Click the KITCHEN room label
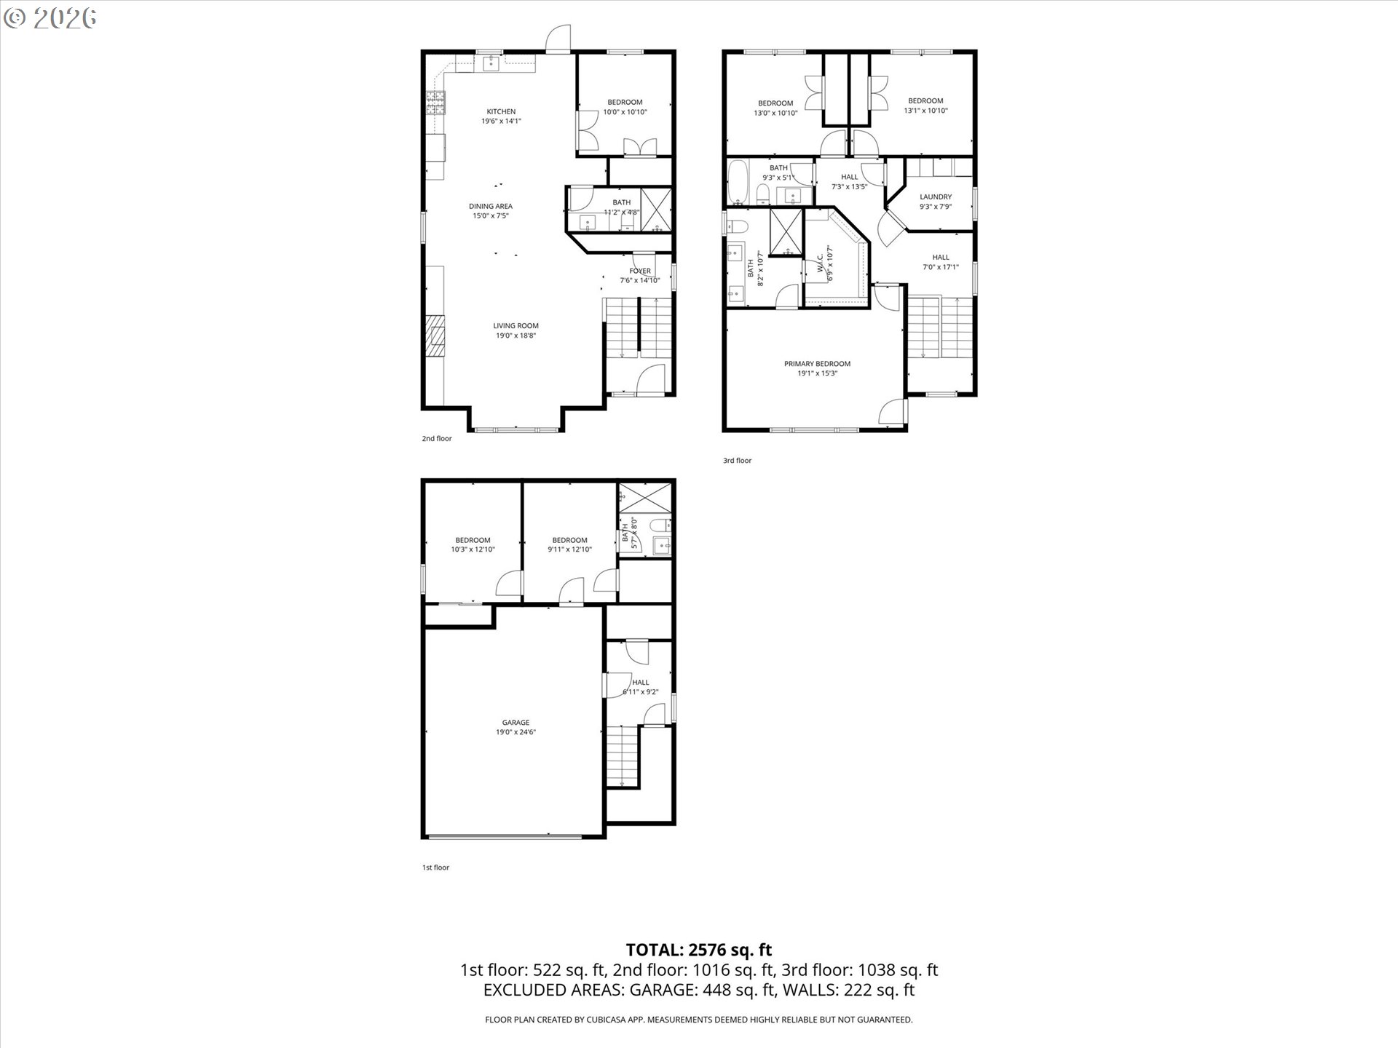pyautogui.click(x=501, y=111)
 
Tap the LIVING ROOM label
pyautogui.click(x=516, y=326)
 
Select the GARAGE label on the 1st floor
pyautogui.click(x=516, y=723)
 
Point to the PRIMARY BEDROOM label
pyautogui.click(x=817, y=364)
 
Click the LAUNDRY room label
pyautogui.click(x=936, y=196)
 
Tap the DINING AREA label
pyautogui.click(x=491, y=206)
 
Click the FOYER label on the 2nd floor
pyautogui.click(x=640, y=271)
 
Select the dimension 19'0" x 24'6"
pyautogui.click(x=516, y=732)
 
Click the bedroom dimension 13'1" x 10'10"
pyautogui.click(x=925, y=111)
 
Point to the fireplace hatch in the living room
pyautogui.click(x=435, y=335)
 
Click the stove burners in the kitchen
pyautogui.click(x=435, y=103)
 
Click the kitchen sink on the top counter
pyautogui.click(x=491, y=63)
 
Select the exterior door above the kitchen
pyautogui.click(x=558, y=38)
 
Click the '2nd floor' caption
pyautogui.click(x=437, y=439)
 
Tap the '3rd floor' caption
pyautogui.click(x=737, y=461)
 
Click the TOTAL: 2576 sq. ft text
pyautogui.click(x=698, y=950)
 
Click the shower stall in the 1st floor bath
pyautogui.click(x=645, y=499)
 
